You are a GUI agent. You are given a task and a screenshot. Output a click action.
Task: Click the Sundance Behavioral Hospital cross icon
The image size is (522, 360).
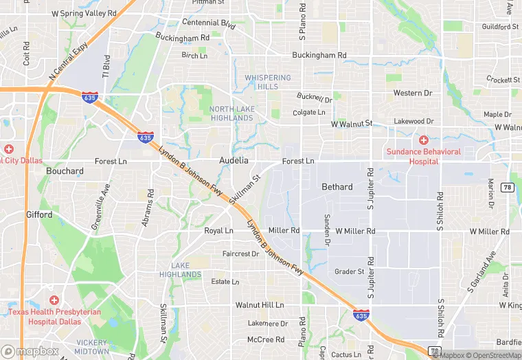(x=424, y=139)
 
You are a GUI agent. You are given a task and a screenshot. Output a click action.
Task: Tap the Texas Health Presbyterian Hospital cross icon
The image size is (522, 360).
(x=54, y=300)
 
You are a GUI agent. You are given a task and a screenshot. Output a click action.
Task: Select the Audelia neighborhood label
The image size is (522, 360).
(x=234, y=160)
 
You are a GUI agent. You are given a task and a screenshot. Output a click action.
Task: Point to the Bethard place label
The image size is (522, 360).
(x=337, y=187)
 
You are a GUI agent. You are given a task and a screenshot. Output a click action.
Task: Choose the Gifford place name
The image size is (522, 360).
(x=39, y=215)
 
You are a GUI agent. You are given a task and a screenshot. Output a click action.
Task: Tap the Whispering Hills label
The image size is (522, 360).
(x=268, y=82)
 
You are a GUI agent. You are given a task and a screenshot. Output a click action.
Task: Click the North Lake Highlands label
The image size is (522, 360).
(x=231, y=113)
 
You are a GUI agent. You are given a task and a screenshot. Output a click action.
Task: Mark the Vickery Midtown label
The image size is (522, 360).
(x=92, y=347)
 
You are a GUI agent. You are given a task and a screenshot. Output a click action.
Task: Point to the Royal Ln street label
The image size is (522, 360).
(x=218, y=231)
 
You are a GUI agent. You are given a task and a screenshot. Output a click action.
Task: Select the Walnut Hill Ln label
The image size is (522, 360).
(x=260, y=304)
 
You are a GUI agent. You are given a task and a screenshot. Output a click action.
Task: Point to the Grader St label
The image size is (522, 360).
(x=349, y=271)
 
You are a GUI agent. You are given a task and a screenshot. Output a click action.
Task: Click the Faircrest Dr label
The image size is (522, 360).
(x=240, y=254)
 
